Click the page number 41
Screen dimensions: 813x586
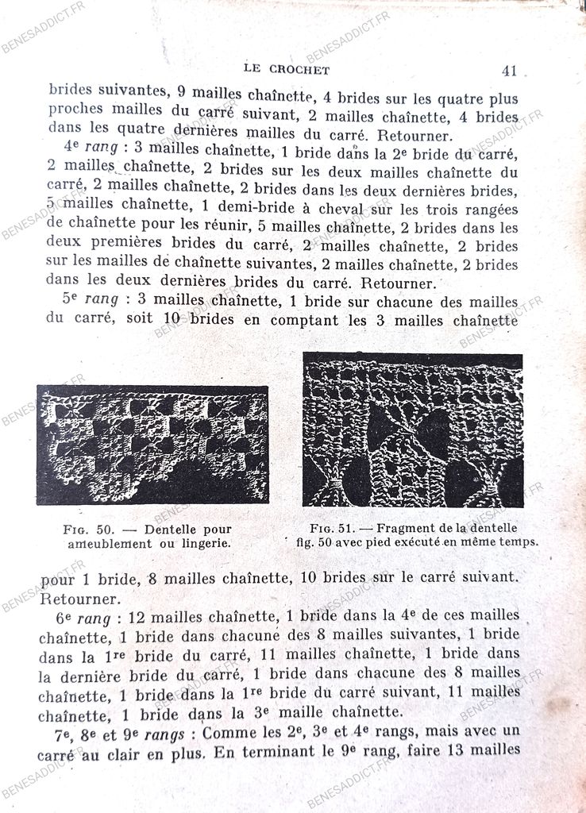(509, 71)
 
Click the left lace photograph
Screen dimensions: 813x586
(152, 445)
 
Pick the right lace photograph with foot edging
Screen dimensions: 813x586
(412, 430)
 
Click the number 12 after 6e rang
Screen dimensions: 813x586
(141, 616)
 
